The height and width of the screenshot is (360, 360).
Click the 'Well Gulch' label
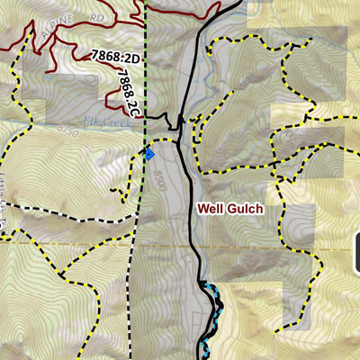pyautogui.click(x=230, y=209)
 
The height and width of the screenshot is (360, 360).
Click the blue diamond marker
pyautogui.click(x=149, y=155)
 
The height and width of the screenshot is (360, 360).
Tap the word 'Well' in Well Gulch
pyautogui.click(x=209, y=209)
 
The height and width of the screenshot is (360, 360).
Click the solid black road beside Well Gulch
pyautogui.click(x=192, y=234)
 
